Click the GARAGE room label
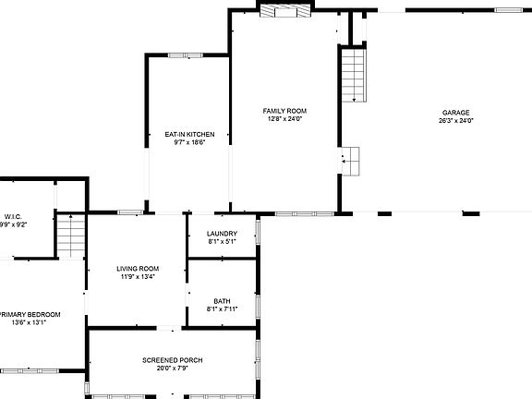[x=456, y=111]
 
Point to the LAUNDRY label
[x=223, y=234]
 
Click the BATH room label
[x=223, y=301]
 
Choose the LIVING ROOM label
[x=138, y=268]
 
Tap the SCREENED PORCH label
[x=173, y=359]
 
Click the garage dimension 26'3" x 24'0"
[x=456, y=120]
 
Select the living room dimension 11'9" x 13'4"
[x=138, y=276]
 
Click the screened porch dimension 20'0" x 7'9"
[x=173, y=369]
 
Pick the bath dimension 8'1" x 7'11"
[x=223, y=309]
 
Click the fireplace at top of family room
[x=286, y=10]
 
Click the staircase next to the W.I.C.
[x=70, y=236]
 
